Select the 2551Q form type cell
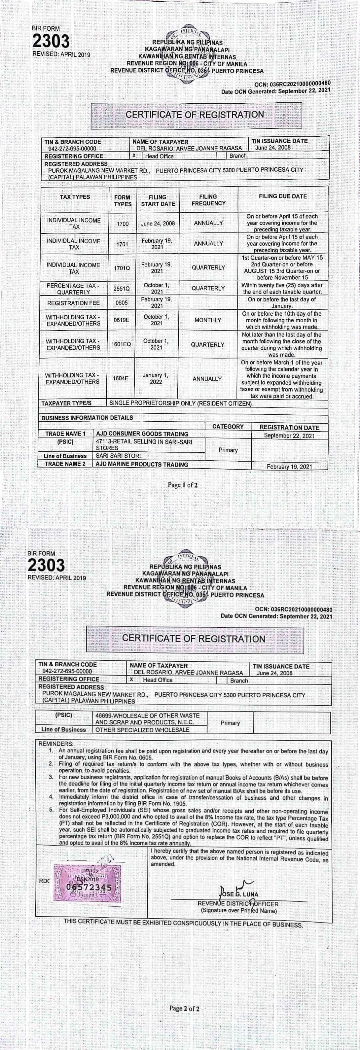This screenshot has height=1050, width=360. coord(122,289)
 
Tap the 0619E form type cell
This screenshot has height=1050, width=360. coord(122,320)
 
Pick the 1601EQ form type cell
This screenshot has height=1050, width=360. coord(121,344)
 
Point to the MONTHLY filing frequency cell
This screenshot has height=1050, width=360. coord(208,320)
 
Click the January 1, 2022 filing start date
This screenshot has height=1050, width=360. coord(156,379)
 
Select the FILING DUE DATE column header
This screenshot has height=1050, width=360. coord(282,196)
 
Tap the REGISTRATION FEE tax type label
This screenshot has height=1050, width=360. coord(73,303)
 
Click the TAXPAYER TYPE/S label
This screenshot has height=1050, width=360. coord(66,403)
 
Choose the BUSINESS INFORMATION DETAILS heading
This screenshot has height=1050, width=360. coord(87,418)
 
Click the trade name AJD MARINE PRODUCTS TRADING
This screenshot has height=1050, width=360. coord(142,464)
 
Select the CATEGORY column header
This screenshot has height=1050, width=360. coord(228,427)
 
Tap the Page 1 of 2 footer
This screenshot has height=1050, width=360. coord(183,485)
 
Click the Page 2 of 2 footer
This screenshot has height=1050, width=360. coord(184,1008)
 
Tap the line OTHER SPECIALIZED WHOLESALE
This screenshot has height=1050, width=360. coord(142,730)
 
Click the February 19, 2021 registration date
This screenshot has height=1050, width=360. coord(289,467)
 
